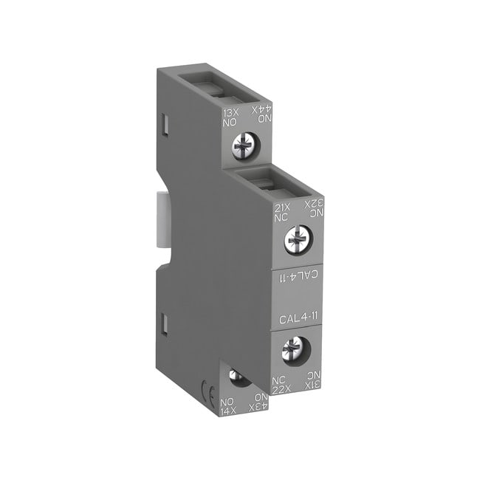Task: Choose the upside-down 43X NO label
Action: tap(256, 403)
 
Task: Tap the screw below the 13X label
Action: tap(241, 146)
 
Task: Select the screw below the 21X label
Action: tap(298, 237)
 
